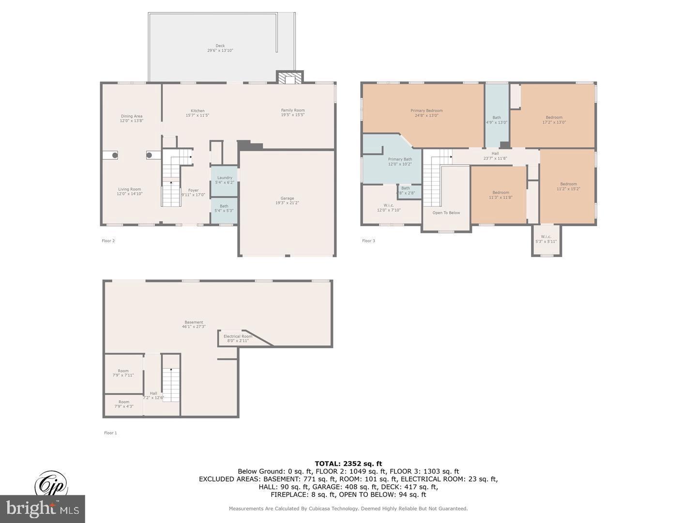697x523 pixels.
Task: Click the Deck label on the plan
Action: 220,46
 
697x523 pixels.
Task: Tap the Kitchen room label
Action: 197,111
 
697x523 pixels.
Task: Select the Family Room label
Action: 293,110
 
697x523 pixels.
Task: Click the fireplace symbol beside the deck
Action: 289,78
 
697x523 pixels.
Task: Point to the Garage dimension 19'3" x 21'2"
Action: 287,203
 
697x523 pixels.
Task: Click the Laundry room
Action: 224,180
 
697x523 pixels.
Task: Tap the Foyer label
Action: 193,190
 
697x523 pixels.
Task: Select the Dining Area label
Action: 131,116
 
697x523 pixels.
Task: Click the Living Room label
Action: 130,189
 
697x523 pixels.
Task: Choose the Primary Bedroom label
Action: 426,111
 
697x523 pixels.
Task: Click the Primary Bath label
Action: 400,159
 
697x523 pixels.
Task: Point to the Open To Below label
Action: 446,213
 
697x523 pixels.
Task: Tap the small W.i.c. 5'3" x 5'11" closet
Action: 546,239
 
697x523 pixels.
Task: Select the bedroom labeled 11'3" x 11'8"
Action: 500,195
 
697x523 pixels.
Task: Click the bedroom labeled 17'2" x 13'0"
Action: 554,120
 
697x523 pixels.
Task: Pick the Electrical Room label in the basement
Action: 238,336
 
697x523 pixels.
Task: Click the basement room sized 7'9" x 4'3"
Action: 124,404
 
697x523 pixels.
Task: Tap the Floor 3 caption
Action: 368,241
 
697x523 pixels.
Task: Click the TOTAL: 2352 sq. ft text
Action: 348,464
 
